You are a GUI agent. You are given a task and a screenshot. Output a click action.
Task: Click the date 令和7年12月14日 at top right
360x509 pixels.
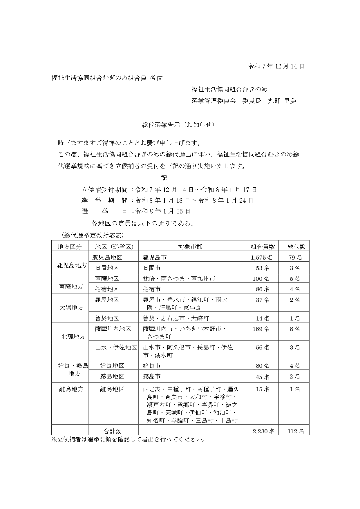pos(276,66)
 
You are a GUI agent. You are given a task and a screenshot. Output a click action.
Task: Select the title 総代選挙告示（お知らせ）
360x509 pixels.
pos(178,125)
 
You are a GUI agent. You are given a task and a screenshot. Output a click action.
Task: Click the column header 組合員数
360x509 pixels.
pos(263,247)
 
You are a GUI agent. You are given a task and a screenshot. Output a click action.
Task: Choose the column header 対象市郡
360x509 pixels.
pos(190,247)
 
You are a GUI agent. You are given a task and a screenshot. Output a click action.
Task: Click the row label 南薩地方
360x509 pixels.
pos(71,287)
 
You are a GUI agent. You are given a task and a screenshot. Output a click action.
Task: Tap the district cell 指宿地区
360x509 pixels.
pos(107,289)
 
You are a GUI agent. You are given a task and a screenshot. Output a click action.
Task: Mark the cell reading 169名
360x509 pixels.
pos(263,329)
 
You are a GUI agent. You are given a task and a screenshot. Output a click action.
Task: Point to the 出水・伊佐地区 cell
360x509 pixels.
pos(116,347)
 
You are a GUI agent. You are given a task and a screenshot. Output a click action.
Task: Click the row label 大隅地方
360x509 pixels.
pos(71,308)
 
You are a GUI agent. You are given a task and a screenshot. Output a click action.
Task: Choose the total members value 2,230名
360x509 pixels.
pos(263,431)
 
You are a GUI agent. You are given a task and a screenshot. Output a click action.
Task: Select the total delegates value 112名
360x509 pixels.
pos(296,431)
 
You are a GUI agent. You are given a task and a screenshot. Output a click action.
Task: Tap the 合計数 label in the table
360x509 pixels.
pos(112,431)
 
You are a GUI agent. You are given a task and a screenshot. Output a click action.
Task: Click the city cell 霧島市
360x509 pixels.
pos(152,376)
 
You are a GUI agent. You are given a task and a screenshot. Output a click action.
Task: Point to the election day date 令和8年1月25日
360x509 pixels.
pos(162,211)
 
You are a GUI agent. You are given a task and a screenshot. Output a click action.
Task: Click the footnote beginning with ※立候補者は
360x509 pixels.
pos(128,439)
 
